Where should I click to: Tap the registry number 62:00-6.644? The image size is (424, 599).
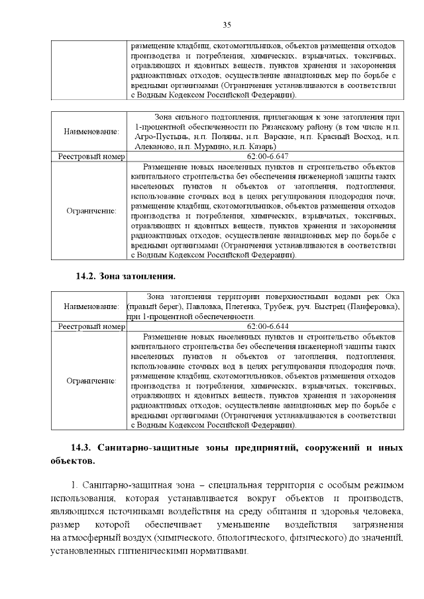coord(267,326)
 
